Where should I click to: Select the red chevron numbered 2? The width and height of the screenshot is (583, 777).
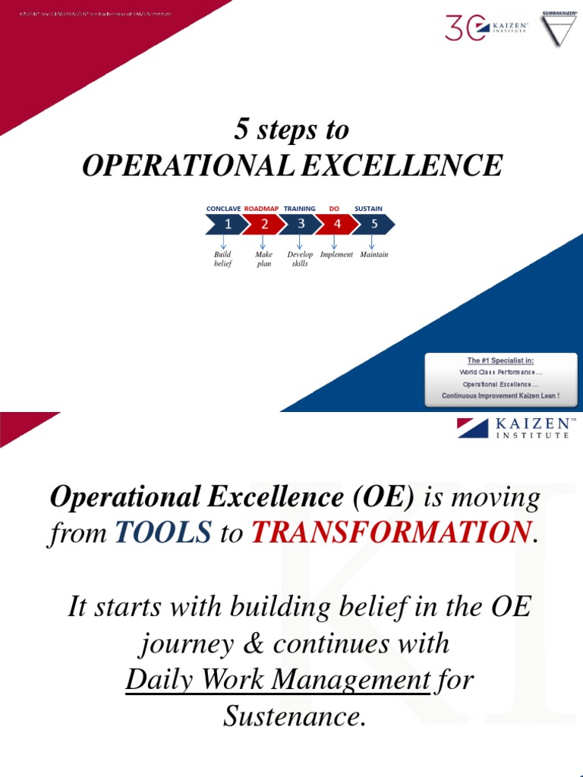point(263,224)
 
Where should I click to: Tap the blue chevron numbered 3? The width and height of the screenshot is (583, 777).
point(300,224)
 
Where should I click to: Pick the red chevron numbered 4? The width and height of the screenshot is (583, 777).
point(336,224)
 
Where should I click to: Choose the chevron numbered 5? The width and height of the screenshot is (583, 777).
point(373,224)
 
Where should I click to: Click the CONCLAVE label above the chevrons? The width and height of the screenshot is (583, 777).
point(223,209)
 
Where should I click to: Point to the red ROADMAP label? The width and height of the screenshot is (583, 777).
point(261,209)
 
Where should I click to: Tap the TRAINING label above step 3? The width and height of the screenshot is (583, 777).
point(299,209)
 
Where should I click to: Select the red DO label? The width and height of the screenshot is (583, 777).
point(334,209)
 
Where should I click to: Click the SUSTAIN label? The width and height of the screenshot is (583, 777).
point(368,209)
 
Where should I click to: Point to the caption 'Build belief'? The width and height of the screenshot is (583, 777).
point(222,260)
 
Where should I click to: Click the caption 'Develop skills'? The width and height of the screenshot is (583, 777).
point(300,260)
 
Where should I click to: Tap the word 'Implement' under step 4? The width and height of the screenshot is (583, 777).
point(336,255)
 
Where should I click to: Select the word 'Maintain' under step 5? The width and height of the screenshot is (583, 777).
point(373,255)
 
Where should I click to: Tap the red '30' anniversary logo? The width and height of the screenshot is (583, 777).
point(466,29)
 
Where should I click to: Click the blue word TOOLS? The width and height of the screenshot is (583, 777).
point(163,534)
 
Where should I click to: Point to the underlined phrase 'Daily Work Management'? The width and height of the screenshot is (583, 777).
point(277,680)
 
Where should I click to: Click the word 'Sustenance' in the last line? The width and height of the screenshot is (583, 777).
point(291,716)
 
